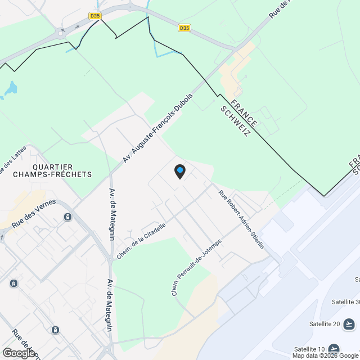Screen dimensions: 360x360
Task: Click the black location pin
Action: point(179,171)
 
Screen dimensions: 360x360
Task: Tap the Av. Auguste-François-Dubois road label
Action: point(158,128)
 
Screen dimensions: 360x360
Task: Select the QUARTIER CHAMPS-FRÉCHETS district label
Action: point(62,170)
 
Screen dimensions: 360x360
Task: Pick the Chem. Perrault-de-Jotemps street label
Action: point(196,267)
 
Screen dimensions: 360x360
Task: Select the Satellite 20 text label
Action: point(325,323)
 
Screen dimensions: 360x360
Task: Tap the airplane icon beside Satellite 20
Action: point(349,324)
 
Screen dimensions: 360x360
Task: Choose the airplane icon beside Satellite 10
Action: point(334,349)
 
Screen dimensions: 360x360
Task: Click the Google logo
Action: point(19,353)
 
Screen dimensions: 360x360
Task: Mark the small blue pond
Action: point(11,88)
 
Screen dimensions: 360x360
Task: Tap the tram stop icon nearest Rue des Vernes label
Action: point(68,217)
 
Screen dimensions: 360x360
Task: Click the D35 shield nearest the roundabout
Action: point(95,16)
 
